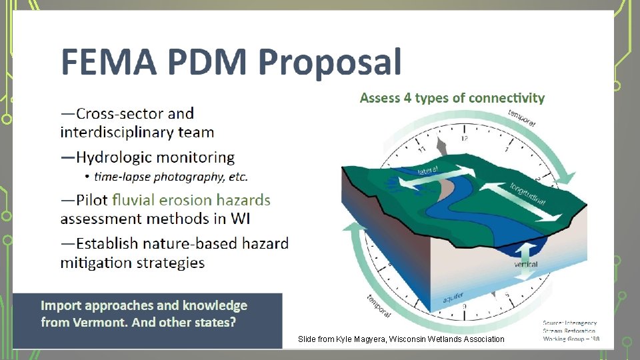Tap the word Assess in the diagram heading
click(x=379, y=98)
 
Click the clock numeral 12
click(x=464, y=138)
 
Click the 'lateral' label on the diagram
click(x=428, y=171)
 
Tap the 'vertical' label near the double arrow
click(x=526, y=265)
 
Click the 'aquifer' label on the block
click(x=454, y=300)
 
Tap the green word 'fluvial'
click(x=137, y=200)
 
